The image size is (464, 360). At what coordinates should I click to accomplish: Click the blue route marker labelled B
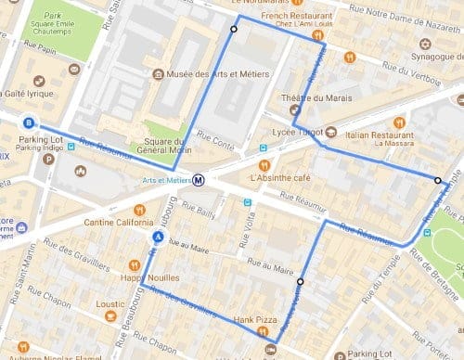click(29, 122)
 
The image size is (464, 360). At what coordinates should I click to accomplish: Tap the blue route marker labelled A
click(159, 237)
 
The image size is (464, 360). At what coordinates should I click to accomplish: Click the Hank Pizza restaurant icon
click(264, 330)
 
